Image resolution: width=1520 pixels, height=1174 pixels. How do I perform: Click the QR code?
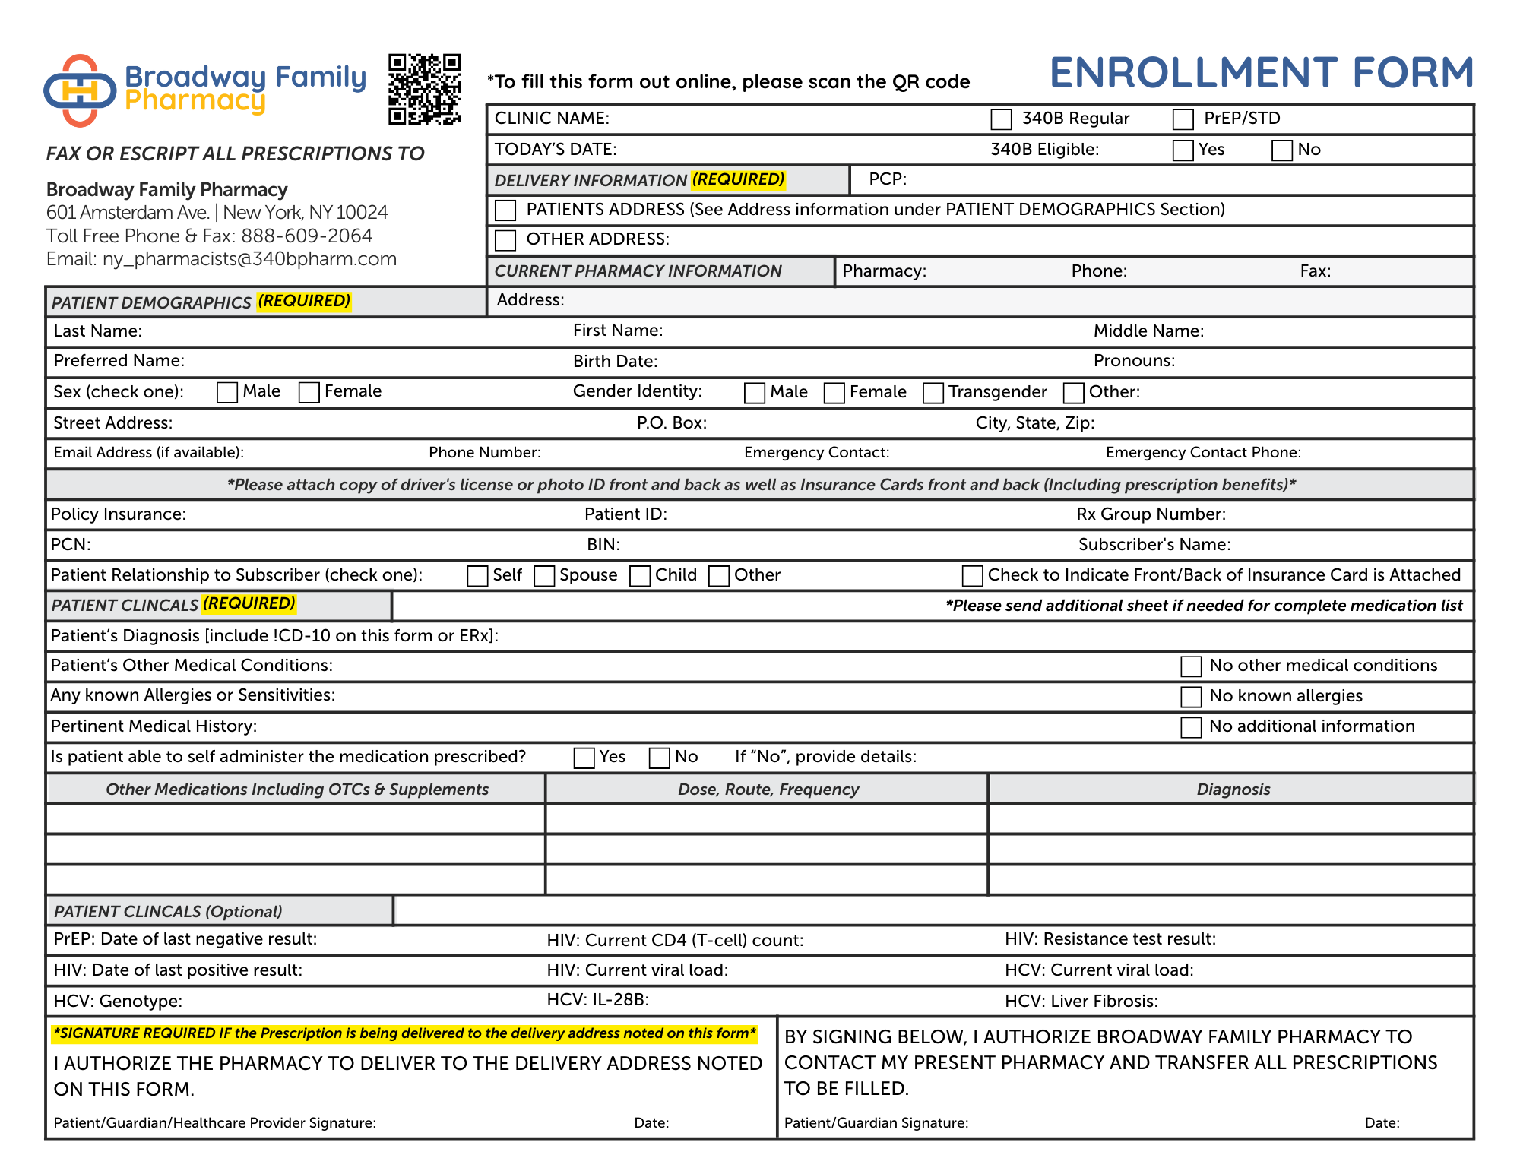[x=424, y=89]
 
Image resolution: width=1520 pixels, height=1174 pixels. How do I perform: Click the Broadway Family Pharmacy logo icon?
[x=80, y=90]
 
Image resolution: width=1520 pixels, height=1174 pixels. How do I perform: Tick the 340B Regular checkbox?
[x=1001, y=119]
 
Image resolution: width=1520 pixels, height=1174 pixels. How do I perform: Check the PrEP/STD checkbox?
[x=1183, y=119]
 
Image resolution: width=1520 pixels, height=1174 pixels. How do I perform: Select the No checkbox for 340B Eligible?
[x=1281, y=150]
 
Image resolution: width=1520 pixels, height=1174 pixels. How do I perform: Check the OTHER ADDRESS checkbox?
[x=505, y=240]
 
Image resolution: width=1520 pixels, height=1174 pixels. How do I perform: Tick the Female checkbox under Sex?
[x=309, y=392]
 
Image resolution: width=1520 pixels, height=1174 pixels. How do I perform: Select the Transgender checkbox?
[x=933, y=393]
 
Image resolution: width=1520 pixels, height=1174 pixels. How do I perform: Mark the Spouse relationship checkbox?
[x=544, y=576]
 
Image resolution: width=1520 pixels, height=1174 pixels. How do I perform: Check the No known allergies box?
[x=1191, y=697]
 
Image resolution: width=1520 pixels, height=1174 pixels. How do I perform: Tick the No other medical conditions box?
[x=1191, y=666]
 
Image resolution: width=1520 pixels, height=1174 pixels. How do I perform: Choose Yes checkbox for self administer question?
[x=584, y=758]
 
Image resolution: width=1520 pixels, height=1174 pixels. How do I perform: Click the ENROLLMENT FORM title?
[x=1262, y=73]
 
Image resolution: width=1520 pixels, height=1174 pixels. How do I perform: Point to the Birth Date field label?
[x=615, y=362]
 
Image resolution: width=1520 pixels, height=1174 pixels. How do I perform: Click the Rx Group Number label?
[x=1151, y=514]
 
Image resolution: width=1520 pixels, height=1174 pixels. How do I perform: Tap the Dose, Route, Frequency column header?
[x=768, y=790]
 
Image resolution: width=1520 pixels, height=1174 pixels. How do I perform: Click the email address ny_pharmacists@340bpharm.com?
[x=249, y=259]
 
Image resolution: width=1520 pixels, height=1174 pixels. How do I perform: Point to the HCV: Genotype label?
[x=118, y=1002]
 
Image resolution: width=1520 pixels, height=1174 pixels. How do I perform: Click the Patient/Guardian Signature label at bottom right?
[x=876, y=1123]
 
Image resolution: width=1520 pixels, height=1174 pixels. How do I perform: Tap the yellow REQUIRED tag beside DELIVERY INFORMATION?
[x=738, y=180]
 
